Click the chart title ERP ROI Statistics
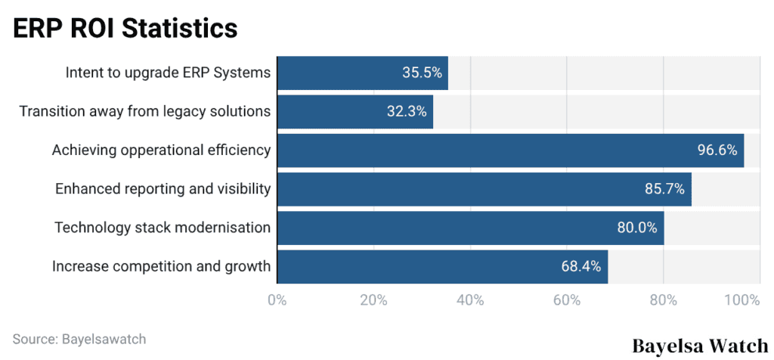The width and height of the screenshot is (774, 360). point(125,28)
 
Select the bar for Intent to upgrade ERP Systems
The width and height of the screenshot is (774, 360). point(362,73)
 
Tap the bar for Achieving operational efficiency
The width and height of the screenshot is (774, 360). point(510,150)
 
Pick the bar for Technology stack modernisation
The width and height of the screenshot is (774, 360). point(470,227)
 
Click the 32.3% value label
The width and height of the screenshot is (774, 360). point(407,111)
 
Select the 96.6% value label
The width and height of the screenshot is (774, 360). point(717,150)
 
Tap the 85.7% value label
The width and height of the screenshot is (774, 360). point(664,188)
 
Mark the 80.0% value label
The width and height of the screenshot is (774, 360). point(636,227)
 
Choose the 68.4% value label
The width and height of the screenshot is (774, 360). point(580,265)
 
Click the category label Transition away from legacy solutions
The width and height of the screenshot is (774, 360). point(144,111)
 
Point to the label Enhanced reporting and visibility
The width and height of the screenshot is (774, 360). point(163,188)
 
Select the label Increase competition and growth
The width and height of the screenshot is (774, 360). point(161,265)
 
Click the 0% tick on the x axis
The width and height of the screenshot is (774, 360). point(277,300)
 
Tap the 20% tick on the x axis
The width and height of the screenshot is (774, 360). point(373,300)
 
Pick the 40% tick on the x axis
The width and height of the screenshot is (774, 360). point(470,300)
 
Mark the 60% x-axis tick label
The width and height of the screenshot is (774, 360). point(567,300)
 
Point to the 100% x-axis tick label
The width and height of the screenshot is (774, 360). point(741,300)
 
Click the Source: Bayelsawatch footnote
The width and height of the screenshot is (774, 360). point(79,339)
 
